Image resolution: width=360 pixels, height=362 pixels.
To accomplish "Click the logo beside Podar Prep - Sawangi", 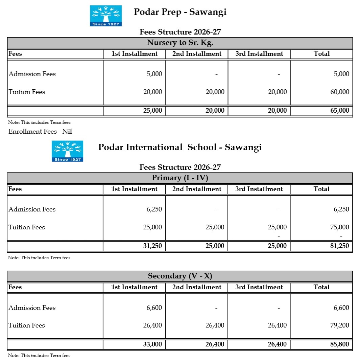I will [105, 16].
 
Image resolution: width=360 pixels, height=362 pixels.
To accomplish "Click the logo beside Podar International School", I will [67, 151].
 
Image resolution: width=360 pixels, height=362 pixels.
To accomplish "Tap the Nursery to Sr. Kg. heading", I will [180, 43].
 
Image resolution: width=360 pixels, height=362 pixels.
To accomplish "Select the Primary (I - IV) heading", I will [180, 178].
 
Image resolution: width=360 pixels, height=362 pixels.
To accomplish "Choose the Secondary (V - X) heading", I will [180, 276].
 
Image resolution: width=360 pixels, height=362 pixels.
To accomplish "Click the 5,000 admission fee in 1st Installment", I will [154, 74].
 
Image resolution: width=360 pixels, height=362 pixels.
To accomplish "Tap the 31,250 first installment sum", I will [152, 246].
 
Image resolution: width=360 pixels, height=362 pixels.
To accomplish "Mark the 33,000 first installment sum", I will [152, 344].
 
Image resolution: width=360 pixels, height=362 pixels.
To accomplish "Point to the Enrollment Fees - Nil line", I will [40, 132].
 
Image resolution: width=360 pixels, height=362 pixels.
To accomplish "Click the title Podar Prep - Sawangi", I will [180, 12].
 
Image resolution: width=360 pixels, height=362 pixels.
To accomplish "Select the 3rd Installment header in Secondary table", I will [259, 287].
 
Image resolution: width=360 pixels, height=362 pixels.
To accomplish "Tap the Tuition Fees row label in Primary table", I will [27, 227].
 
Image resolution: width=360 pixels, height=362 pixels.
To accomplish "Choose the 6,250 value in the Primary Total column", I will [341, 209].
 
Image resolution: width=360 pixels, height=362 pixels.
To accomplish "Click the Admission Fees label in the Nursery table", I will [32, 74].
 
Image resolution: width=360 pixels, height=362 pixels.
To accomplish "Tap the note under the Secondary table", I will [39, 356].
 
